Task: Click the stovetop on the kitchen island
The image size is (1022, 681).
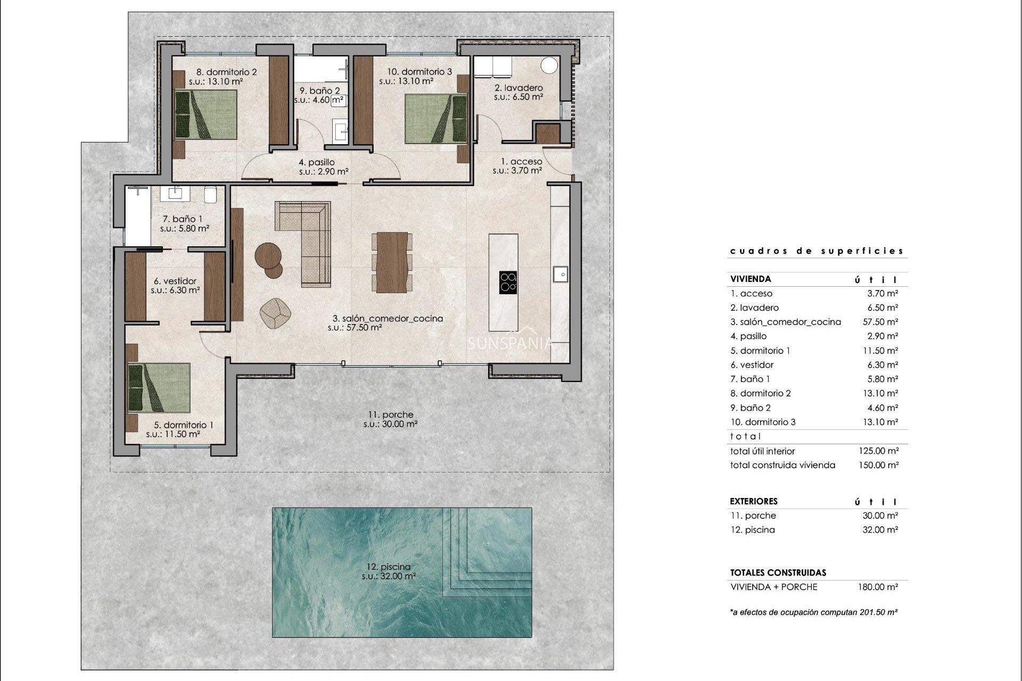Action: [x=508, y=283]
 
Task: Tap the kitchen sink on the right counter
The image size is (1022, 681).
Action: [x=560, y=274]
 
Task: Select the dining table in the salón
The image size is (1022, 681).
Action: [x=392, y=262]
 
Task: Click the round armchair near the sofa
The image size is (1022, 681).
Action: [x=276, y=312]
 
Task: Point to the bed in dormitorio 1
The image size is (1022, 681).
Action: [x=159, y=388]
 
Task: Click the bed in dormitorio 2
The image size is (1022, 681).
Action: [x=206, y=114]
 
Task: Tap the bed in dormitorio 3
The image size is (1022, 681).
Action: [x=436, y=119]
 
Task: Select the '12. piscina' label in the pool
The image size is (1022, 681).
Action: [x=389, y=567]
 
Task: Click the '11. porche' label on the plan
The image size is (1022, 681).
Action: [x=390, y=414]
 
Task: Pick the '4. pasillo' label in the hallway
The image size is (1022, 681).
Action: [x=316, y=162]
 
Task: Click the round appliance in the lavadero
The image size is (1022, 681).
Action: [x=549, y=65]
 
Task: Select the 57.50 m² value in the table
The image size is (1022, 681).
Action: [x=880, y=322]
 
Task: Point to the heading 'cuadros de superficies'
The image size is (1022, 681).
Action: [x=817, y=251]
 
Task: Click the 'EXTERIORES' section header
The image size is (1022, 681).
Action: [x=753, y=501]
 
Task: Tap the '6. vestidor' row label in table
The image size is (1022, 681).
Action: [x=752, y=365]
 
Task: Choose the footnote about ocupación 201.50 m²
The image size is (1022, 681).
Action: [x=813, y=612]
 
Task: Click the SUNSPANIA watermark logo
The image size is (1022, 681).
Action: [x=510, y=342]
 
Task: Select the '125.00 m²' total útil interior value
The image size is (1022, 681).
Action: [x=878, y=451]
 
